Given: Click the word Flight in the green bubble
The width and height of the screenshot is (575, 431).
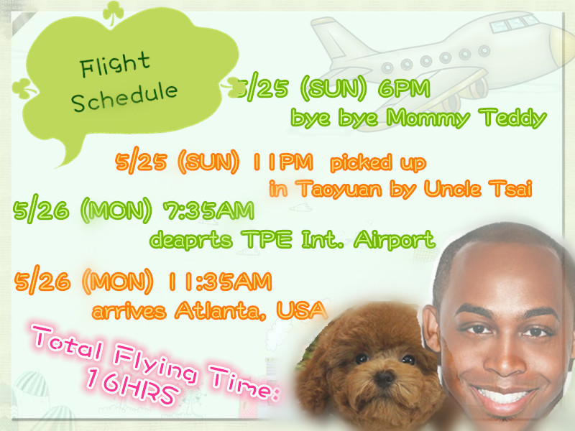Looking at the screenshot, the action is pos(115,65).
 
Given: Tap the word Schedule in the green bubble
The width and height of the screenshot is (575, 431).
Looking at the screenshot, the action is pos(124,96).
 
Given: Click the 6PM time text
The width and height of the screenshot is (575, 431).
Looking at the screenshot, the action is pos(404,88).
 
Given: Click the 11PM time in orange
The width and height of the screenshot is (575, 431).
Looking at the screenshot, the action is pos(282,162).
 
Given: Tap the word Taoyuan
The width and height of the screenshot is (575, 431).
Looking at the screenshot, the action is pos(339,189).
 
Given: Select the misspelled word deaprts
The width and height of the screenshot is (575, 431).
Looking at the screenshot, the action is pos(191,240).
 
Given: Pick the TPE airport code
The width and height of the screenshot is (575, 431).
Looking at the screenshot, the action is pos(267,239).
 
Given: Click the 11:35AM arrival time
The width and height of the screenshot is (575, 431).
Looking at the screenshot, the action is pos(220,282).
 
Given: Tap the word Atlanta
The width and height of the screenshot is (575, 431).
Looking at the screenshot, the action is pos(220,311).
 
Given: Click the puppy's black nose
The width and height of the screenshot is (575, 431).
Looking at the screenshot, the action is pos(385,377).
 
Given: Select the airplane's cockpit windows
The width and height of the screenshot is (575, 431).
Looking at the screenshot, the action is pos(513,23).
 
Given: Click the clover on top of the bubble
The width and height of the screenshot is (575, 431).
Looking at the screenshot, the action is pos(113,13).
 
